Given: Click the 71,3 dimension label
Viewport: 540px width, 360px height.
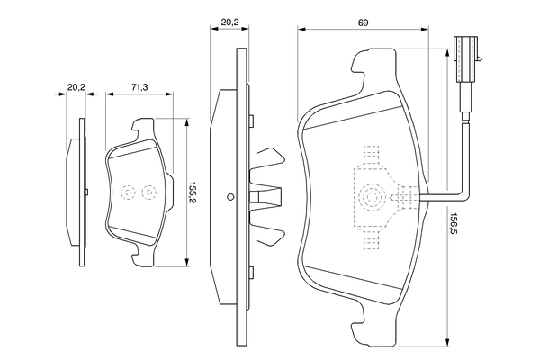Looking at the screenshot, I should pyautogui.click(x=139, y=87).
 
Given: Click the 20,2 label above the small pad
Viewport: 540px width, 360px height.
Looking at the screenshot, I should pyautogui.click(x=76, y=87).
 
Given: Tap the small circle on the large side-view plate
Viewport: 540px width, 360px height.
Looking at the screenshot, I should pyautogui.click(x=230, y=198).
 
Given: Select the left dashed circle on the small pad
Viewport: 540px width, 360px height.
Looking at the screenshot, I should pyautogui.click(x=127, y=192).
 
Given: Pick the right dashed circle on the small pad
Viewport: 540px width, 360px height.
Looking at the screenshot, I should pyautogui.click(x=149, y=192).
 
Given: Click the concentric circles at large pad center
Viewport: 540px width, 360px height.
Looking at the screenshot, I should pyautogui.click(x=370, y=197).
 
